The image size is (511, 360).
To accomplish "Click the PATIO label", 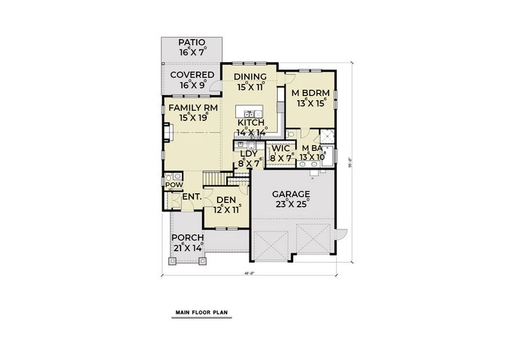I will coord(192,43).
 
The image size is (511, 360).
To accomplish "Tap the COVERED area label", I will coord(192,75).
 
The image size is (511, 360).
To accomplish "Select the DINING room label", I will coord(250,76).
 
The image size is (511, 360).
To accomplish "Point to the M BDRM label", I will coord(309,92).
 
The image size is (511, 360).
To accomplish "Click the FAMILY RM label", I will coord(193,107).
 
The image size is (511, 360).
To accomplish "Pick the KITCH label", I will coord(250,123).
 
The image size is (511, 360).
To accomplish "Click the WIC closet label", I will coord(281,149).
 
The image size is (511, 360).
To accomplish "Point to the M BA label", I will coord(312,149).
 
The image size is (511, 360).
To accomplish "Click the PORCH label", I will coord(187,238).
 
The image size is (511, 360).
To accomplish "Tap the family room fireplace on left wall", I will coord(165,134).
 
